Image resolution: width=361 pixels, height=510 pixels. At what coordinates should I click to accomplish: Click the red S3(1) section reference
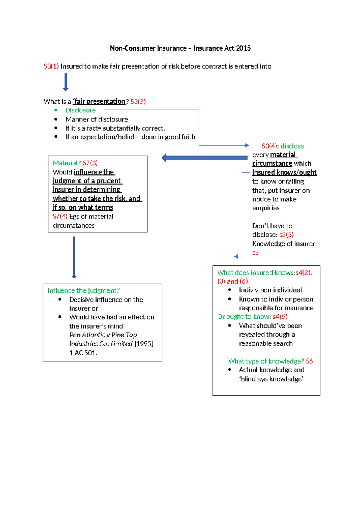[51, 66]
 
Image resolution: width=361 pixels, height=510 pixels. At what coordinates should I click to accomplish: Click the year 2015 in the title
[243, 48]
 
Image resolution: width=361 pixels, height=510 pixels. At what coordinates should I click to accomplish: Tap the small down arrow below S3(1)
[66, 82]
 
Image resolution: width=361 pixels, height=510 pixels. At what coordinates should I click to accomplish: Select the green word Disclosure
[80, 110]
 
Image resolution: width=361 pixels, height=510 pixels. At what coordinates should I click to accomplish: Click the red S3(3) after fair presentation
[138, 102]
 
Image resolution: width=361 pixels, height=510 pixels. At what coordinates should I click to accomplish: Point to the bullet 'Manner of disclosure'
[97, 119]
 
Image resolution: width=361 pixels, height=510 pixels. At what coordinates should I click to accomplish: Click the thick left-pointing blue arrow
[204, 158]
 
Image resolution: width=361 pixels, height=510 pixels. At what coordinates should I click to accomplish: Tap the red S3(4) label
[270, 146]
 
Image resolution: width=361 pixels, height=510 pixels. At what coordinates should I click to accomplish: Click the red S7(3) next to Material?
[90, 163]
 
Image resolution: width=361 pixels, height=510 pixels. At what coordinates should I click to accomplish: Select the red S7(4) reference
[60, 217]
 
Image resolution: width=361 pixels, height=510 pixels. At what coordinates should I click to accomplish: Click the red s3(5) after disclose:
[286, 235]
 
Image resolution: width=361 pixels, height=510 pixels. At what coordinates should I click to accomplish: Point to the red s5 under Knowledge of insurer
[255, 253]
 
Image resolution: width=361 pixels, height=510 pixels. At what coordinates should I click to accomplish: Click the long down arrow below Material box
[74, 257]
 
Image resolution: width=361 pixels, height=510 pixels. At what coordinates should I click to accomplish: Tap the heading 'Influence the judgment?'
[83, 290]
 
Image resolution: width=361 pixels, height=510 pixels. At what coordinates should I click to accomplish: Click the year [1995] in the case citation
[144, 344]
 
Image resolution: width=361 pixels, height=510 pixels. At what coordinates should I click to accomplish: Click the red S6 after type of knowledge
[309, 361]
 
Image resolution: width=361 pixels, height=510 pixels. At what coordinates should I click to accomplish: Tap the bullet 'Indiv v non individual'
[270, 290]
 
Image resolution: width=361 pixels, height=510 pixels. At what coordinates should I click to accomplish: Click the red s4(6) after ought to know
[280, 317]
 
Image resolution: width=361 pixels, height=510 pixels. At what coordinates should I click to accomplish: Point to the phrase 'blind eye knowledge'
[271, 379]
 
